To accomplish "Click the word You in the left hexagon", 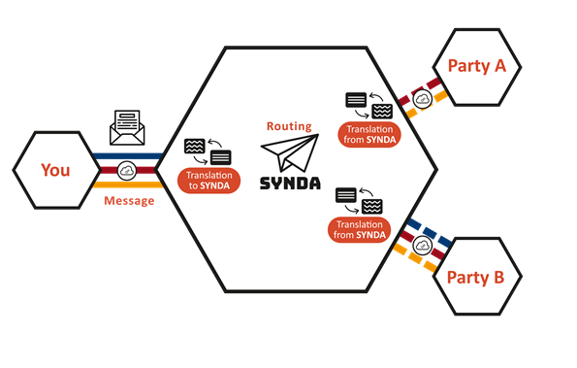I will pyautogui.click(x=55, y=170).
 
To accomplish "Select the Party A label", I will pyautogui.click(x=476, y=65).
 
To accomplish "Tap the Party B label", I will pyautogui.click(x=475, y=277).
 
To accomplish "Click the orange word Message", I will pyautogui.click(x=128, y=201).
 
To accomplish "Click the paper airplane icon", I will pyautogui.click(x=290, y=155).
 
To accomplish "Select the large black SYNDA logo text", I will pyautogui.click(x=291, y=183).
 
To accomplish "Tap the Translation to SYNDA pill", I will pyautogui.click(x=208, y=181).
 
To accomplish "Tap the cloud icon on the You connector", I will pyautogui.click(x=127, y=170).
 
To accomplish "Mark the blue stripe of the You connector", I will pyautogui.click(x=127, y=155).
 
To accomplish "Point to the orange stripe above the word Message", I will pyautogui.click(x=127, y=184).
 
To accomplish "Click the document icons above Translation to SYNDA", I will pyautogui.click(x=207, y=151).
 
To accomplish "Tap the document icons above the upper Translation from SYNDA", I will pyautogui.click(x=369, y=104).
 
